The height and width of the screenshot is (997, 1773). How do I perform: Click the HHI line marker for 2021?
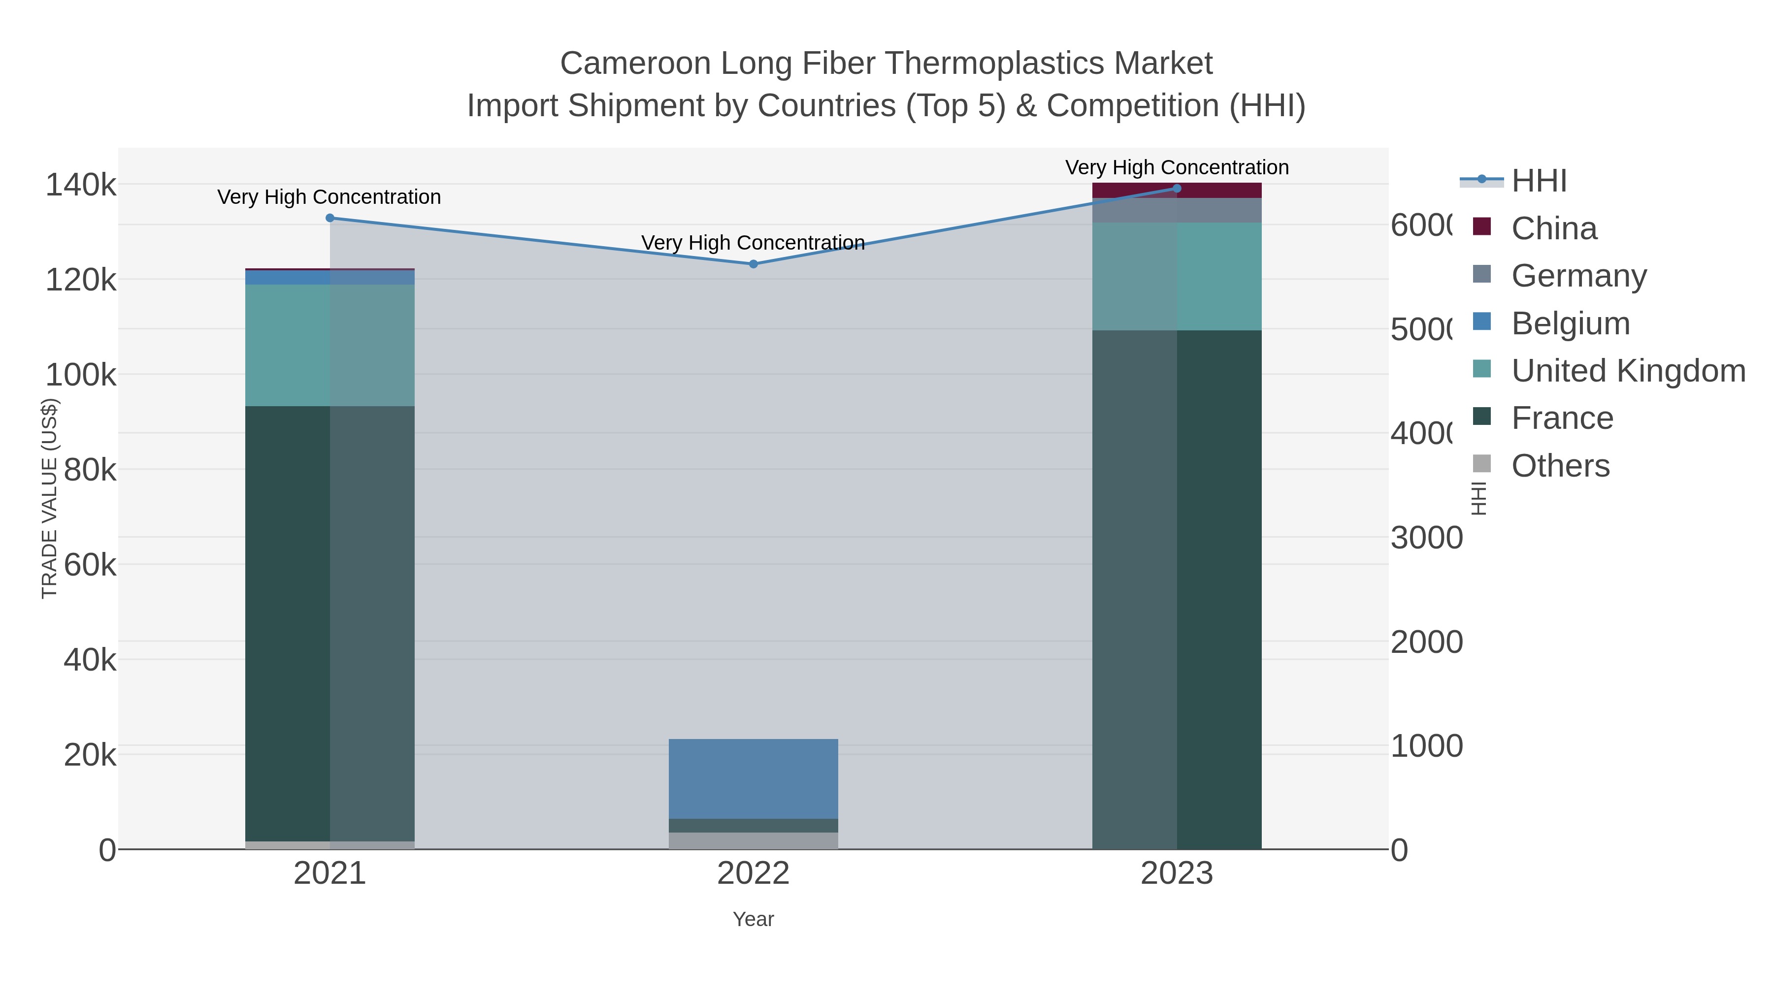(329, 218)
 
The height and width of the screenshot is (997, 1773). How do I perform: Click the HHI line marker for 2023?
(1176, 189)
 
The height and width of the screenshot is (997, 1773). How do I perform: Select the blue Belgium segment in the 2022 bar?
(753, 779)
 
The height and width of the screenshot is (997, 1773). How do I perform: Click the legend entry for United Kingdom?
(1628, 371)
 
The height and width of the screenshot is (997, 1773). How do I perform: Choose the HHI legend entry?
(1539, 181)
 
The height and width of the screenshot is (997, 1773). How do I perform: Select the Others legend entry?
(1560, 466)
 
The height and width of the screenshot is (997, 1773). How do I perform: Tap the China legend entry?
(1553, 228)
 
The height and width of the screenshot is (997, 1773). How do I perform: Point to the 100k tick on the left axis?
(81, 376)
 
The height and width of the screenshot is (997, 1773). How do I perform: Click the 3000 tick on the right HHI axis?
(1426, 538)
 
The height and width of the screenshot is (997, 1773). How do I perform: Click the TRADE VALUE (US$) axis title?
(50, 498)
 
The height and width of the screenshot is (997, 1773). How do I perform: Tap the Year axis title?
(753, 919)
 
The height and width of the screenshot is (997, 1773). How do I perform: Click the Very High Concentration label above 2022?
(753, 243)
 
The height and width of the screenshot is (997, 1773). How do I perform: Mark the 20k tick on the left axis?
(90, 755)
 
